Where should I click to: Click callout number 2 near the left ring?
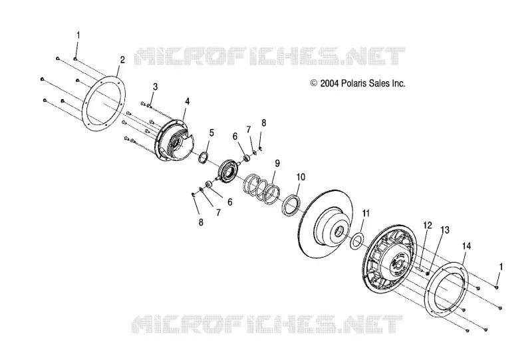122,60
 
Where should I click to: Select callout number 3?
155,87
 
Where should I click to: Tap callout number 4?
187,101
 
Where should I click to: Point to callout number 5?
211,133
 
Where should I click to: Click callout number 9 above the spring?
277,163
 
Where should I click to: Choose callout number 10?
301,177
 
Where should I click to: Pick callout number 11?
365,214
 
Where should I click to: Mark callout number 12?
428,225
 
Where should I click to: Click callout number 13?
444,230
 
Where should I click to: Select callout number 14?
467,246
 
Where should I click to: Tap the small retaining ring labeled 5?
203,158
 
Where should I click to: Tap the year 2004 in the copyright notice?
329,83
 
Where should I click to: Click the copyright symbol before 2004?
314,83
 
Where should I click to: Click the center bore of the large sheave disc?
338,233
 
